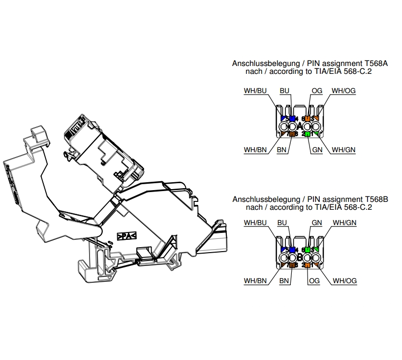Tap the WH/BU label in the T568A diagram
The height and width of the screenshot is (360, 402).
[255, 91]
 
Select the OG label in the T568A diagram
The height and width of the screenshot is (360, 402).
[317, 91]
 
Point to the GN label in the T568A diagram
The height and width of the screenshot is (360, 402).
[317, 149]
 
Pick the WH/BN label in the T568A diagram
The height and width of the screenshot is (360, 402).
[255, 149]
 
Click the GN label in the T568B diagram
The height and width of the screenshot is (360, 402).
[317, 223]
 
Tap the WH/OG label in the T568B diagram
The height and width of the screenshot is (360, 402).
[344, 281]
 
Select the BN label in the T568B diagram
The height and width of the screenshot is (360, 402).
[284, 281]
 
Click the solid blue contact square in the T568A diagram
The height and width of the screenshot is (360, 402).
[292, 119]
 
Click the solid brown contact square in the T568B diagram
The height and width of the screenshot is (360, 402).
[292, 265]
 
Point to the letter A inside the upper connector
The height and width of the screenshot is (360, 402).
[300, 127]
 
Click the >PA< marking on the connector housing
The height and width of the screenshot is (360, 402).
[126, 236]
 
